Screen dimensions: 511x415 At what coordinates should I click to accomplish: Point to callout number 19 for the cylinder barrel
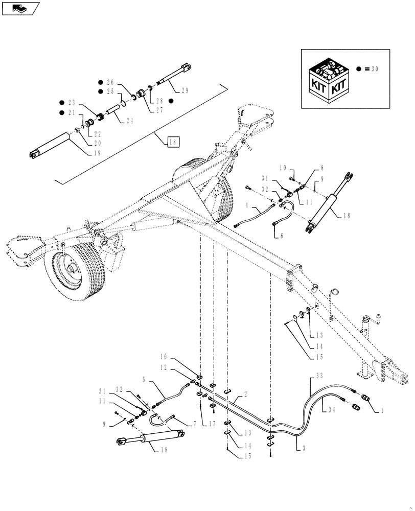[97, 153]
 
